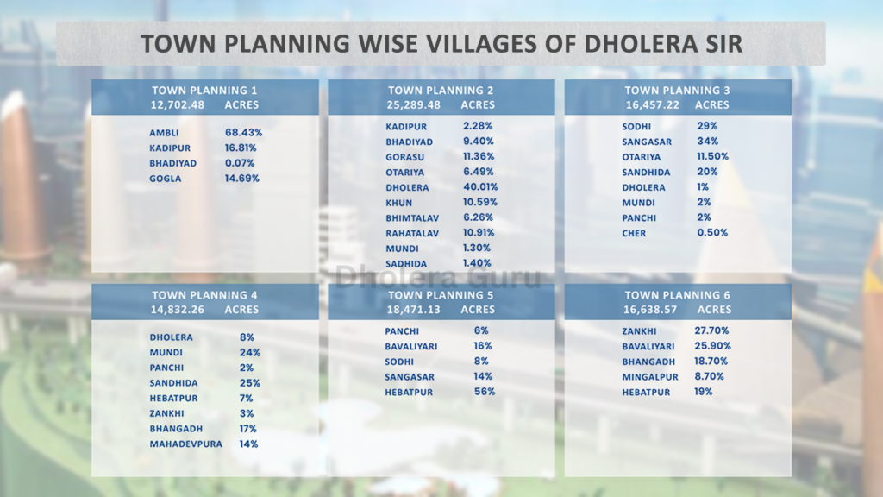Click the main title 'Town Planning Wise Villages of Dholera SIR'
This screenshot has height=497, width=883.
pyautogui.click(x=441, y=44)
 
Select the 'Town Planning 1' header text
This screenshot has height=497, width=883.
pyautogui.click(x=204, y=91)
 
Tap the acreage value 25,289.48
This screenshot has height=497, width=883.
pyautogui.click(x=414, y=104)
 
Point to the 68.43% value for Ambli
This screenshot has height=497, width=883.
pyautogui.click(x=243, y=133)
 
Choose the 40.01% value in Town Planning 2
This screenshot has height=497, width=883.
pyautogui.click(x=480, y=186)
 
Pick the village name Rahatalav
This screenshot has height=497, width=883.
pyautogui.click(x=412, y=233)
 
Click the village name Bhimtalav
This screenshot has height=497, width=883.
pyautogui.click(x=411, y=217)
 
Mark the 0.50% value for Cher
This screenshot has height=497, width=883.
pyautogui.click(x=712, y=233)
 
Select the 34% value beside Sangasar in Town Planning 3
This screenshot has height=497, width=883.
pyautogui.click(x=706, y=142)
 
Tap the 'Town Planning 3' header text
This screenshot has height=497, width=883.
pyautogui.click(x=677, y=91)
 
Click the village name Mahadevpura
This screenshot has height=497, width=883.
pyautogui.click(x=185, y=444)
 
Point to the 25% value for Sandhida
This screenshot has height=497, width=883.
pyautogui.click(x=250, y=383)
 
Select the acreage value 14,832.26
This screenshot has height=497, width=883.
pyautogui.click(x=178, y=309)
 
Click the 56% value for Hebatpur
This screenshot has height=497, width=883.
pyautogui.click(x=485, y=392)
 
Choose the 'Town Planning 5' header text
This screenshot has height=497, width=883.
pyautogui.click(x=441, y=295)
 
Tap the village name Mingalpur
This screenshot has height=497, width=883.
pyautogui.click(x=650, y=377)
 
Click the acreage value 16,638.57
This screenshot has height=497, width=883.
pyautogui.click(x=650, y=309)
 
